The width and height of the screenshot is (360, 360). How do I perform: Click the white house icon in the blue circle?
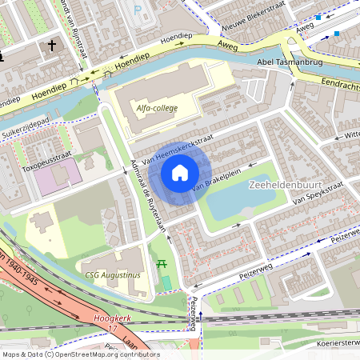180,172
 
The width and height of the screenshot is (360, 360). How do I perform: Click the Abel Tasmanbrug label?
290,61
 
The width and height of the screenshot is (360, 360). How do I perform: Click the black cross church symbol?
52,46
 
